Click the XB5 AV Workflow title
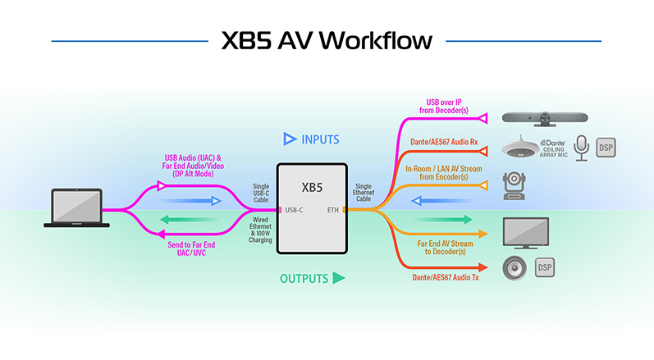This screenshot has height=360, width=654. (326, 40)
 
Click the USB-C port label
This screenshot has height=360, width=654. (295, 211)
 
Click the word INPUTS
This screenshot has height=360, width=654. (321, 139)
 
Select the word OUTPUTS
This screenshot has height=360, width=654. (305, 279)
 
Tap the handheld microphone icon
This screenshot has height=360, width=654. (582, 148)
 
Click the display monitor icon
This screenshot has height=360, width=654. (526, 232)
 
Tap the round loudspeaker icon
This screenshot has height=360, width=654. (516, 268)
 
